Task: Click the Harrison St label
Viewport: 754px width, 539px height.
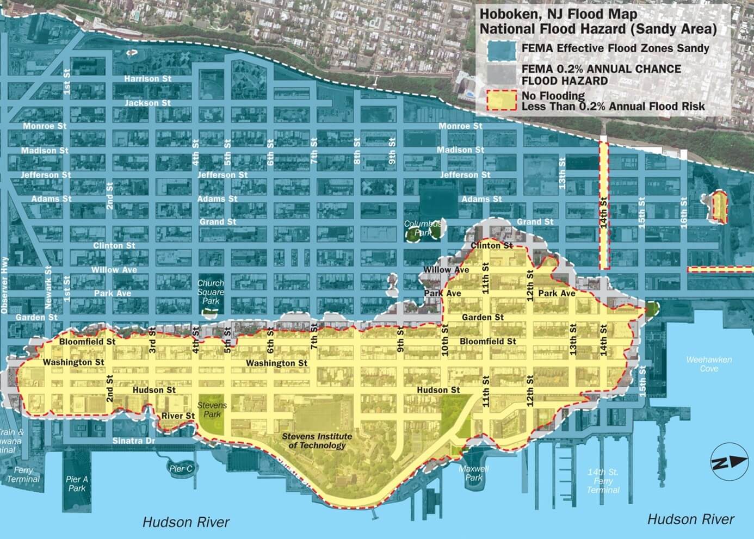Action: tap(147, 79)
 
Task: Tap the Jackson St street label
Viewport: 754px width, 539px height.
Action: tap(147, 103)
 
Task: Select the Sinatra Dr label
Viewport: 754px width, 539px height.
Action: tap(133, 441)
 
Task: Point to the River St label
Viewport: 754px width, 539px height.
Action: tap(178, 416)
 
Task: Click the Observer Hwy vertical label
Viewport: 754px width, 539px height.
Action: tap(5, 285)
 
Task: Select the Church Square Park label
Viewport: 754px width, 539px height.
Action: tap(211, 292)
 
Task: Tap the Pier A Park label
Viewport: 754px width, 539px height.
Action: tap(77, 484)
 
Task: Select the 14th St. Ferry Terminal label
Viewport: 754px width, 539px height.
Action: tap(603, 481)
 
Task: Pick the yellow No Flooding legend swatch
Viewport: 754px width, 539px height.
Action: tap(498, 101)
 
